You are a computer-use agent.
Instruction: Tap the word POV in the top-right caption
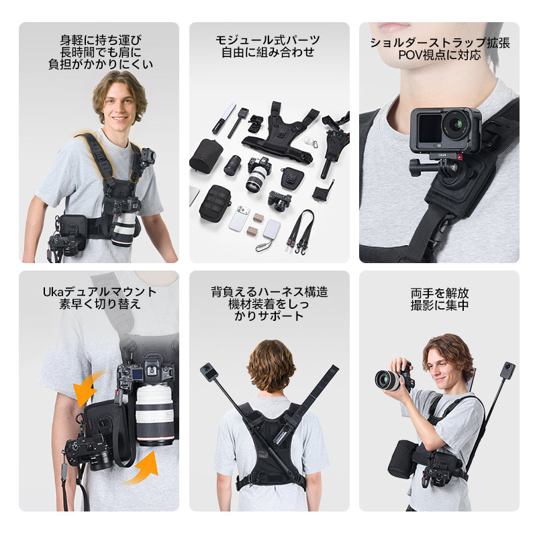coord(410,55)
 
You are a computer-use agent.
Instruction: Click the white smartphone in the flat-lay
coord(239,219)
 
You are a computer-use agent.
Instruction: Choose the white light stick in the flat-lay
coord(224,118)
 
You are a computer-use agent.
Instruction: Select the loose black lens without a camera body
coord(232,165)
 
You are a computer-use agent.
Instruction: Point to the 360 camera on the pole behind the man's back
coord(207,372)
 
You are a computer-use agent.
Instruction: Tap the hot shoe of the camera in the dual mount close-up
coord(150,371)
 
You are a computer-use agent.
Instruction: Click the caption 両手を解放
coord(440,293)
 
